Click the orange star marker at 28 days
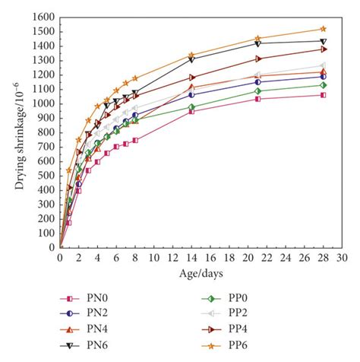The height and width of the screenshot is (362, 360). point(324,29)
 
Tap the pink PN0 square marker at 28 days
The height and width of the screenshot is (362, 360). point(324,95)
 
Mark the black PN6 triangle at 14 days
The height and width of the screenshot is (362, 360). point(191,59)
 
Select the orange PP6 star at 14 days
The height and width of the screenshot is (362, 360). point(191,55)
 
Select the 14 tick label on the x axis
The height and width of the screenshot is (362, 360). point(191,259)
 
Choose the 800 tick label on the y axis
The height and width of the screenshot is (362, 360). point(44,132)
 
